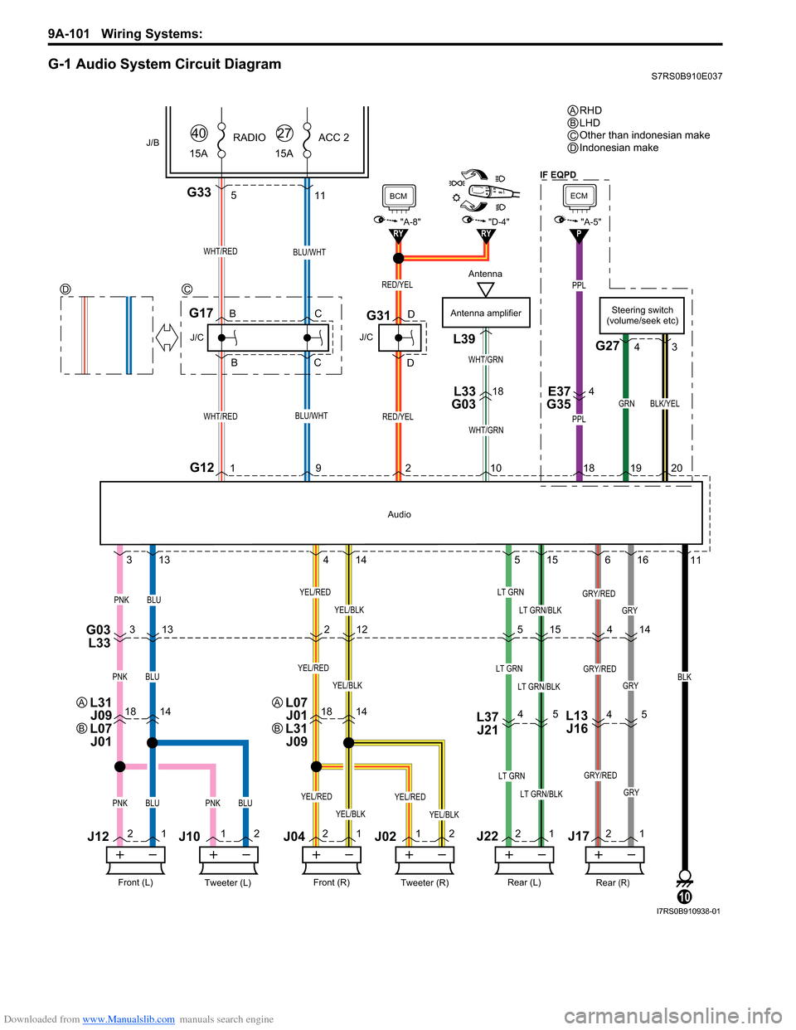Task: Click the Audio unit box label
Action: point(399,514)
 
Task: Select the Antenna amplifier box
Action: point(486,313)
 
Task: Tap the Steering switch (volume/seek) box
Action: point(643,315)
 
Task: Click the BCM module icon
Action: point(399,197)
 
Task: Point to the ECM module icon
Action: point(579,197)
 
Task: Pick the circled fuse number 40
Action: point(199,134)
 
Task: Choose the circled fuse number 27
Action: point(284,134)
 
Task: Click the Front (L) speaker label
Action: point(135,882)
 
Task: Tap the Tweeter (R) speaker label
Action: point(425,882)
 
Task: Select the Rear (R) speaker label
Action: point(613,882)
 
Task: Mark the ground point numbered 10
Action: point(685,896)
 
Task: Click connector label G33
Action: point(199,192)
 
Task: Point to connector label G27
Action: point(608,346)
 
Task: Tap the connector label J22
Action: point(488,836)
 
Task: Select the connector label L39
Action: point(464,338)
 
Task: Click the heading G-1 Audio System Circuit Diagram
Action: point(165,64)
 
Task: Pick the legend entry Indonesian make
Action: point(619,148)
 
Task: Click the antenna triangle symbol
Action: point(486,289)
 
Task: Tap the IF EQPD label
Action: point(558,175)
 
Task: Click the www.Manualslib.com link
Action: point(129,1019)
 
